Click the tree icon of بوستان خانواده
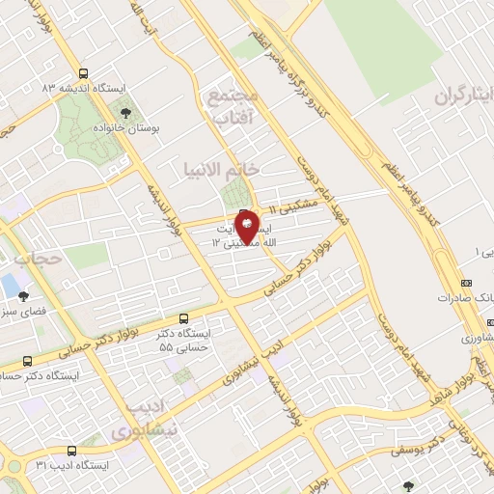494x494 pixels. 121,114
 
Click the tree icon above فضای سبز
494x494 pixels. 23,296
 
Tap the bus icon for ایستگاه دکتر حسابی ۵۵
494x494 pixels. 184,317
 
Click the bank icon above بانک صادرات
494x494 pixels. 466,283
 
